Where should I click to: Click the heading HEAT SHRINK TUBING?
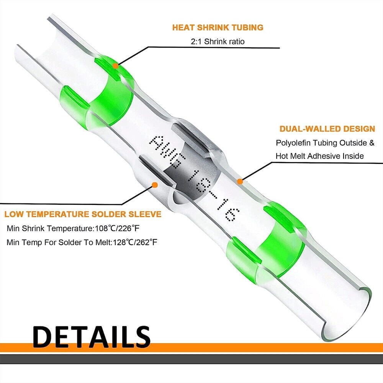click(218, 27)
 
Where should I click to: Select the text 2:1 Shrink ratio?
click(218, 41)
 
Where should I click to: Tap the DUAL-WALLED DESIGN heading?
click(327, 129)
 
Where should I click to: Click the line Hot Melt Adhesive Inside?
click(320, 156)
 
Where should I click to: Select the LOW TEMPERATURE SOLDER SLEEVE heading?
click(83, 214)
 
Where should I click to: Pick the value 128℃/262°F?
click(135, 242)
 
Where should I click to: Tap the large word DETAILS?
click(91, 337)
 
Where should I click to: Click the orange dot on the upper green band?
click(116, 66)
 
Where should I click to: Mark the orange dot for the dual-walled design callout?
click(240, 182)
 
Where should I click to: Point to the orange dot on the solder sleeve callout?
click(154, 185)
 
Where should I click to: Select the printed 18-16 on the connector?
click(213, 195)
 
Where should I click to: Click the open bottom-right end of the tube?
click(347, 315)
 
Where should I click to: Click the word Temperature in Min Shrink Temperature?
click(70, 229)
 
